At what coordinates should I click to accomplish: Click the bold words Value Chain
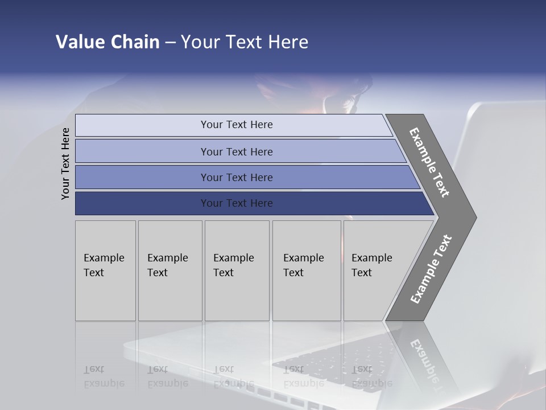(x=107, y=42)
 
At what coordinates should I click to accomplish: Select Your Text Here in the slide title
(x=245, y=42)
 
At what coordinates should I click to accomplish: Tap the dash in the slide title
(x=170, y=43)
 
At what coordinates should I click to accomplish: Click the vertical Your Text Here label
(x=65, y=163)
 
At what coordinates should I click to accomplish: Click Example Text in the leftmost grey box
(x=104, y=265)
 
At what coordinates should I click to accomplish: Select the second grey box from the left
(x=169, y=270)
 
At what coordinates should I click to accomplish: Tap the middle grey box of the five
(x=237, y=270)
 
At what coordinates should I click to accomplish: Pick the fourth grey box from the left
(x=306, y=270)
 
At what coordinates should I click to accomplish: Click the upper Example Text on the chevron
(x=429, y=162)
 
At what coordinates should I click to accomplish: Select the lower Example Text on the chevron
(x=431, y=269)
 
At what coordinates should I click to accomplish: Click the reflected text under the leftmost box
(x=104, y=376)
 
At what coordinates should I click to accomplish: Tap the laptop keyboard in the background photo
(x=318, y=364)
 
